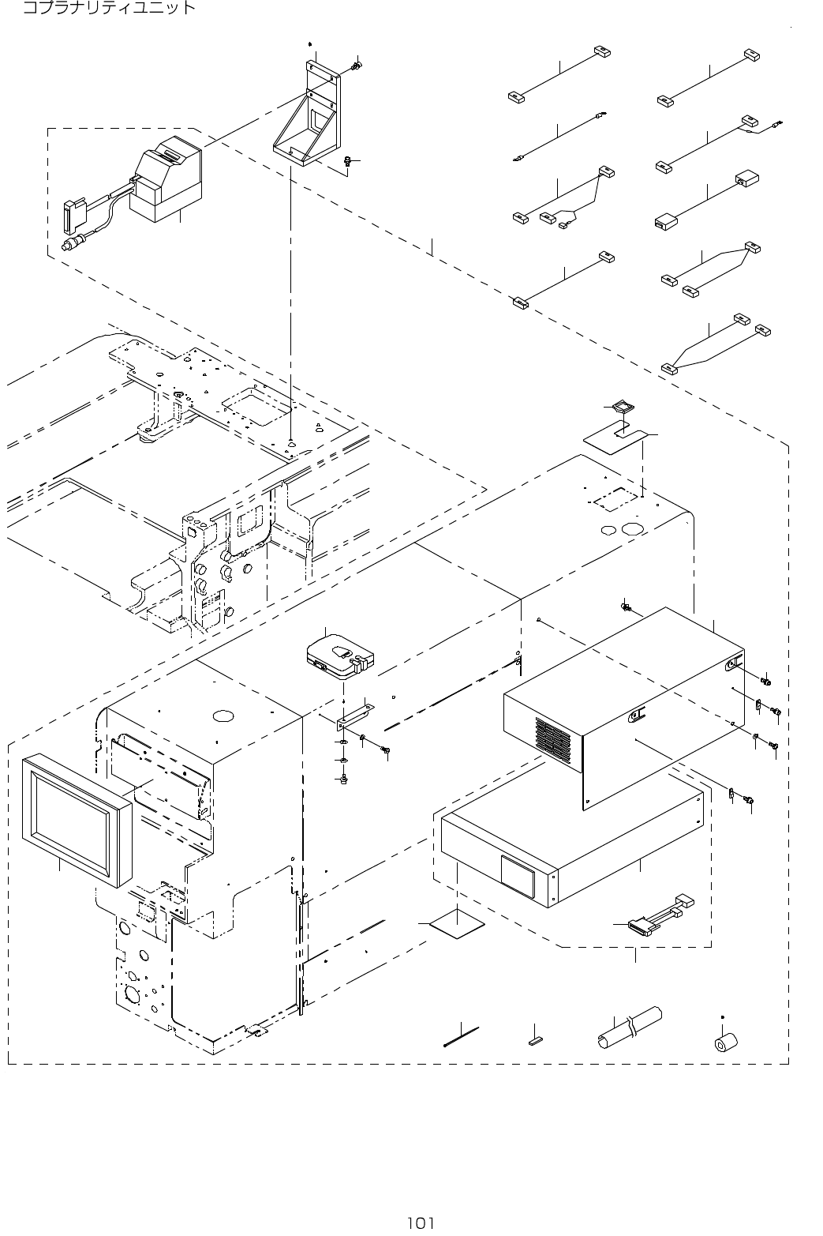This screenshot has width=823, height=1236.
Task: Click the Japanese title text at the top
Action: pos(108,9)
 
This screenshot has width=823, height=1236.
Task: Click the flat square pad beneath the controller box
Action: pos(457,923)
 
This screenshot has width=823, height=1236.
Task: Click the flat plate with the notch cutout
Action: pos(615,435)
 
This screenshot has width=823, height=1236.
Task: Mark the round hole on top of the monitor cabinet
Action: pos(223,716)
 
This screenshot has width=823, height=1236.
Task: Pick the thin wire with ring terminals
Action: pos(559,138)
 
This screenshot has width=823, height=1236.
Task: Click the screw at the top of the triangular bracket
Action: pos(357,65)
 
